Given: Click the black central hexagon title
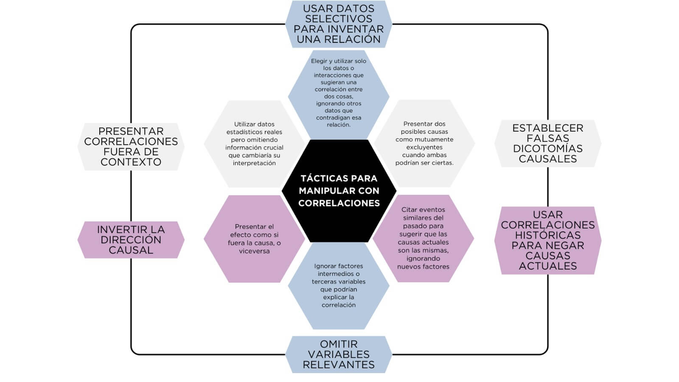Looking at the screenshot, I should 339,191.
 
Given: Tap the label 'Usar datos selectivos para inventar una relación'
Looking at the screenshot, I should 339,24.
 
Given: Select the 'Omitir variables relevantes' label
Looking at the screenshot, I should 339,354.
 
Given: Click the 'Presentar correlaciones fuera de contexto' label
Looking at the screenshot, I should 131,147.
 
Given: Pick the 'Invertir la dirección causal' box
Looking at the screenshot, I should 131,240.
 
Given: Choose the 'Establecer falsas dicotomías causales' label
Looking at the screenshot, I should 547,143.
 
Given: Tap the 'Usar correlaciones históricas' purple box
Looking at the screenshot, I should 547,240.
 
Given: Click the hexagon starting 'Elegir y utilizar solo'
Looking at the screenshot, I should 339,93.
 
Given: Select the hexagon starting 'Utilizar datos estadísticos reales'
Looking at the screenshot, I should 254,143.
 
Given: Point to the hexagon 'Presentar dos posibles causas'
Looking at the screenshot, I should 424,143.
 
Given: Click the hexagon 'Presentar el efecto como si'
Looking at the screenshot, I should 254,239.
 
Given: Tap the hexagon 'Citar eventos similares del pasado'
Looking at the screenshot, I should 423,238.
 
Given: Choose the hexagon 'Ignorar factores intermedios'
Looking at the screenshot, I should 339,286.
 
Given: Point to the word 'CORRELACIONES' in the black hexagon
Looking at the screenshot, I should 339,203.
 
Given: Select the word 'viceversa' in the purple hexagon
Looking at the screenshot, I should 254,251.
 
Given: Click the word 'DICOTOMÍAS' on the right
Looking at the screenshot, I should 547,149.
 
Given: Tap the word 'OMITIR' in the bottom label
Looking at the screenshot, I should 339,344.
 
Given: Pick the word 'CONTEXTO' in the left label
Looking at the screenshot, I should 131,162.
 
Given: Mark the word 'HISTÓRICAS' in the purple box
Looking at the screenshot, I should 547,235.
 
